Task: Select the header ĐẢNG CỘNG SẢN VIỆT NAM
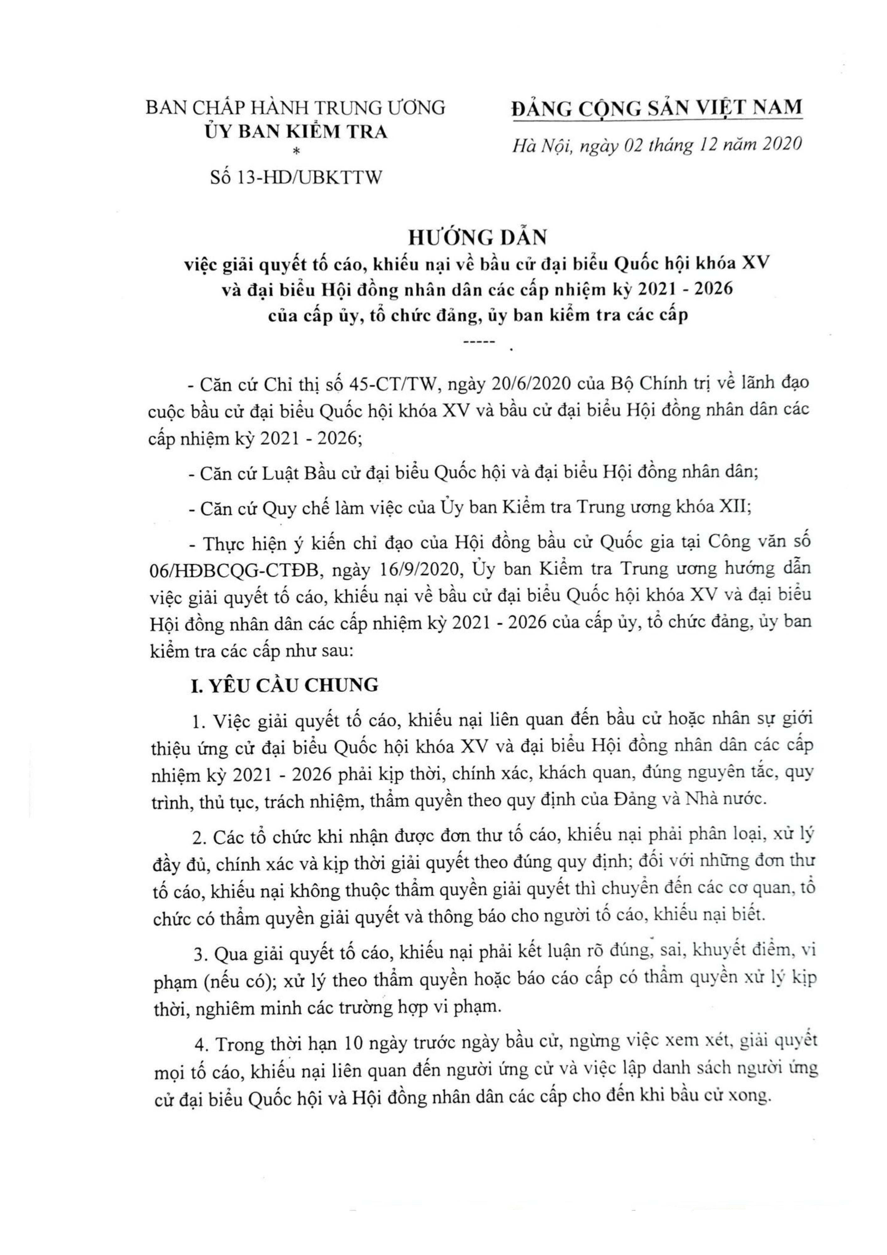[657, 108]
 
